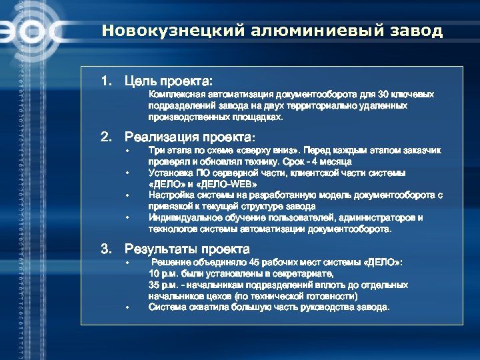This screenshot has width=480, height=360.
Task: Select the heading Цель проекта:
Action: [x=168, y=81]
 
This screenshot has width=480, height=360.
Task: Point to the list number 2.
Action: [x=105, y=137]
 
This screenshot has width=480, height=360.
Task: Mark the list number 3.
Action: [x=105, y=249]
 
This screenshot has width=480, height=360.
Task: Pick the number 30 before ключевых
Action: [x=383, y=95]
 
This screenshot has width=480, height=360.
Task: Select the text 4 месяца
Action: [x=331, y=161]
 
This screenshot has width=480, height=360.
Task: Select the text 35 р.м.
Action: [x=163, y=285]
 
